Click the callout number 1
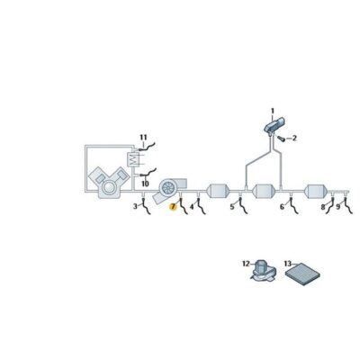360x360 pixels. pyautogui.click(x=273, y=112)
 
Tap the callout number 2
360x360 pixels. pyautogui.click(x=294, y=138)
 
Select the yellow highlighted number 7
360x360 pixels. pyautogui.click(x=173, y=207)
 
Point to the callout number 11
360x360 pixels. pyautogui.click(x=143, y=138)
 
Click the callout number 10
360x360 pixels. pyautogui.click(x=145, y=184)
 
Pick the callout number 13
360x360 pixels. pyautogui.click(x=287, y=264)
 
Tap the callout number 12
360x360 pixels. pyautogui.click(x=246, y=264)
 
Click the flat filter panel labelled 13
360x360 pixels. pyautogui.click(x=304, y=274)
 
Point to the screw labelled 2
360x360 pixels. pyautogui.click(x=281, y=139)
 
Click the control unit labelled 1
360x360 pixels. pyautogui.click(x=274, y=124)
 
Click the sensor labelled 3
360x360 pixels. pyautogui.click(x=146, y=205)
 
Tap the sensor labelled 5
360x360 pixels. pyautogui.click(x=242, y=205)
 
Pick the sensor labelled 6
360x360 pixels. pyautogui.click(x=292, y=205)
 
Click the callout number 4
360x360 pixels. pyautogui.click(x=192, y=207)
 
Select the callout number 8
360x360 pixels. pyautogui.click(x=323, y=207)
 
